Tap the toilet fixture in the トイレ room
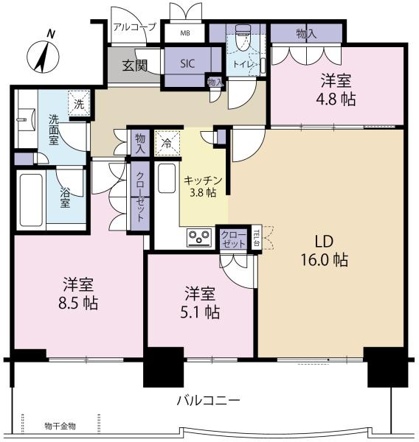243,38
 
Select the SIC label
187,63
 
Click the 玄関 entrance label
135,66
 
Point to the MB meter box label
185,33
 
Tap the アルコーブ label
134,27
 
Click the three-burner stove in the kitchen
200,237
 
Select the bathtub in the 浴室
31,200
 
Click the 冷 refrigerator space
167,143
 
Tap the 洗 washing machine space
79,103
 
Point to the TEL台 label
257,238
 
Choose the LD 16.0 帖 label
325,250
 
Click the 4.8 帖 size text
336,99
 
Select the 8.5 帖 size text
78,304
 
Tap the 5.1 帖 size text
200,312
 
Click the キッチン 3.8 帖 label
203,186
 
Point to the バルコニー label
208,400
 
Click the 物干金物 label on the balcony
60,426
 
